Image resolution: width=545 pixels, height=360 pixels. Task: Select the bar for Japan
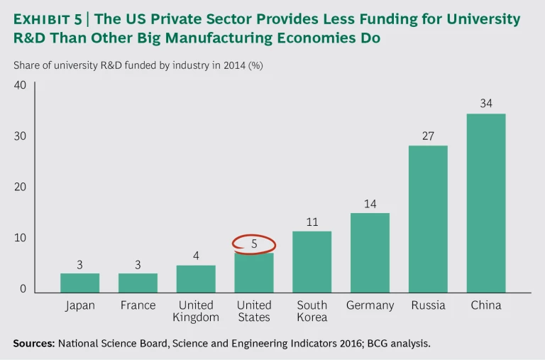[x=79, y=283]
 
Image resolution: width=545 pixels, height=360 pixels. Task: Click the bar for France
[x=138, y=283]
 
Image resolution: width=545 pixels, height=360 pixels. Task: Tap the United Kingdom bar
[x=196, y=278]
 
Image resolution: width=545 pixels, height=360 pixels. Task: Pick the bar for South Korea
[x=312, y=261]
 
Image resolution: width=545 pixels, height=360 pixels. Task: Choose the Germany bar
[x=370, y=252]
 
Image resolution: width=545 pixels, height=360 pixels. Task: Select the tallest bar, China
[x=486, y=202]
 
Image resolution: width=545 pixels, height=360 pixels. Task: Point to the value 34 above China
[x=486, y=103]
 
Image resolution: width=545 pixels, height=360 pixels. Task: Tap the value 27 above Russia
[x=428, y=135]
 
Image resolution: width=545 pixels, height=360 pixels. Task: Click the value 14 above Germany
[x=370, y=204]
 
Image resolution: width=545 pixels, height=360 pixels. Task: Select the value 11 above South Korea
[x=312, y=222]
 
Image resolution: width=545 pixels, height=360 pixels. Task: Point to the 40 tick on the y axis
[x=20, y=85]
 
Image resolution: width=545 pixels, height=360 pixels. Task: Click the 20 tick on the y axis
[x=20, y=187]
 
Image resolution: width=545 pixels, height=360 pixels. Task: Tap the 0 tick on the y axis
[x=23, y=289]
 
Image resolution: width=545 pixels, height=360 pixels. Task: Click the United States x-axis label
[x=254, y=311]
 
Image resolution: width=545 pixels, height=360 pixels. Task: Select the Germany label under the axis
[x=370, y=305]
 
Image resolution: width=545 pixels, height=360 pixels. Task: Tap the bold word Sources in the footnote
[x=33, y=343]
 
